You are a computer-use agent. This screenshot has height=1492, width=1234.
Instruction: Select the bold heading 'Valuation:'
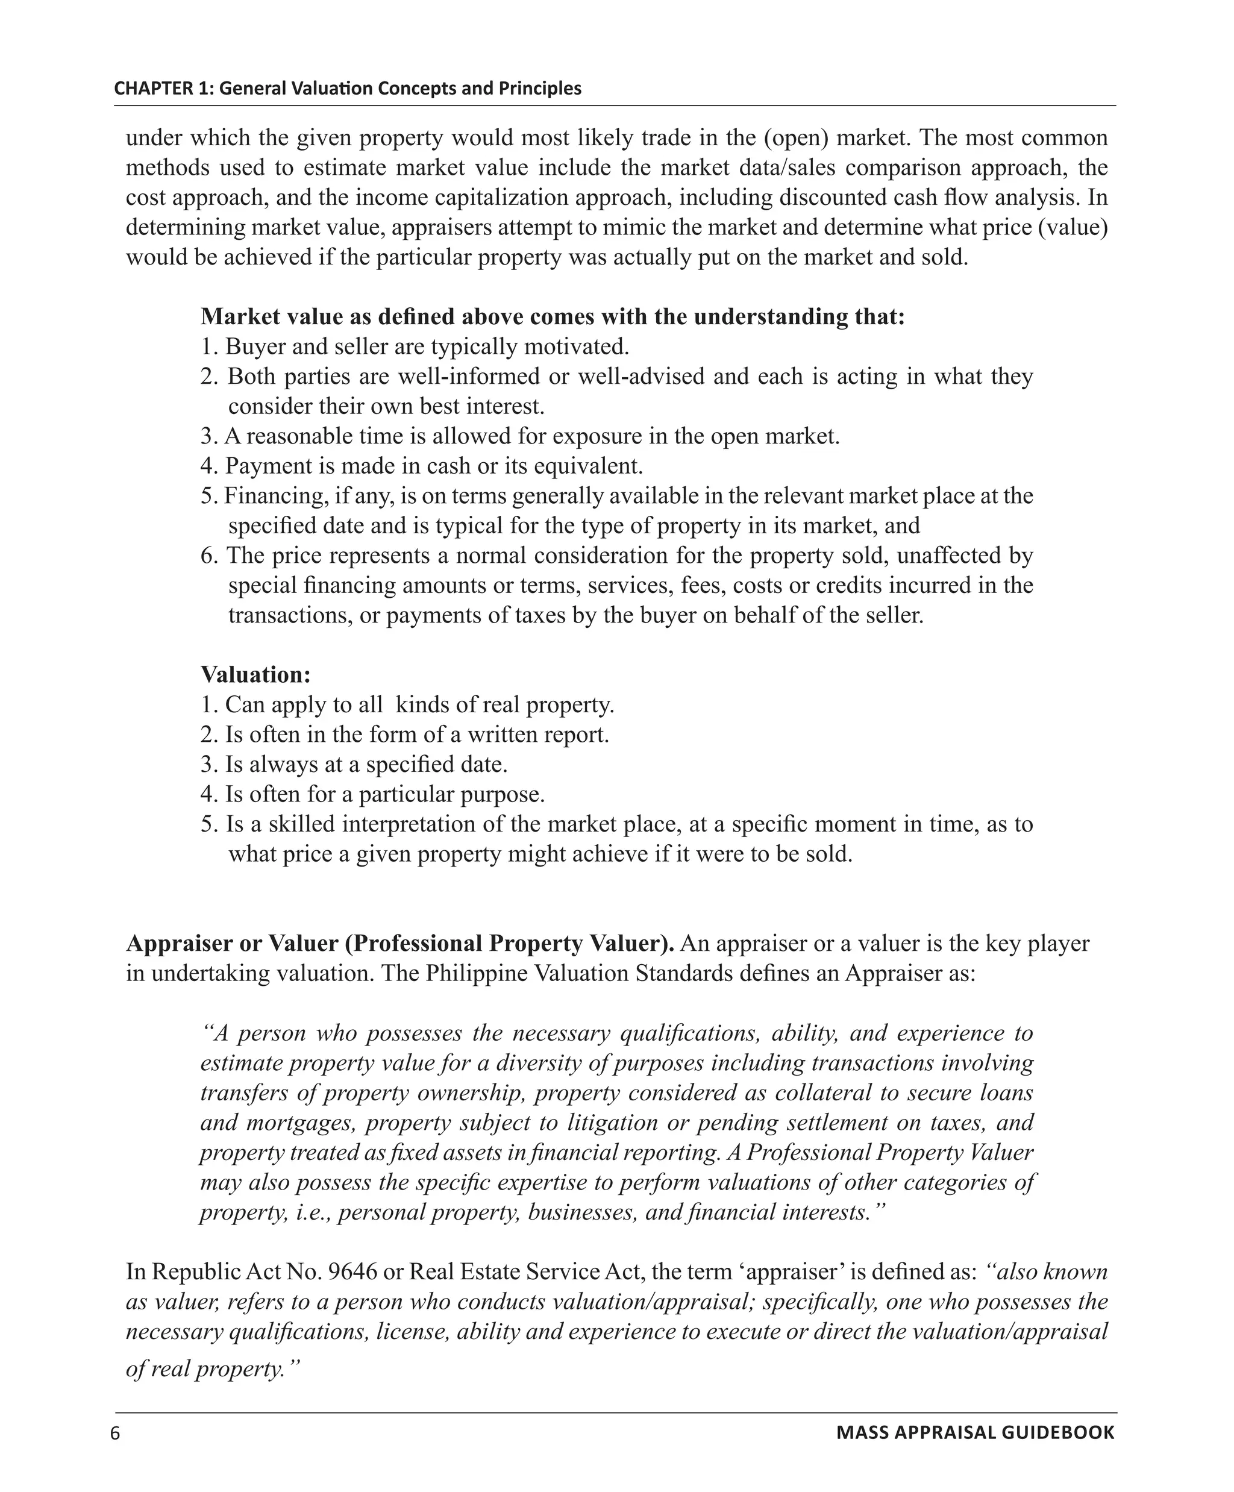click(255, 674)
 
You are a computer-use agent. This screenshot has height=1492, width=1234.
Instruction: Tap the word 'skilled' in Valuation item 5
click(291, 824)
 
